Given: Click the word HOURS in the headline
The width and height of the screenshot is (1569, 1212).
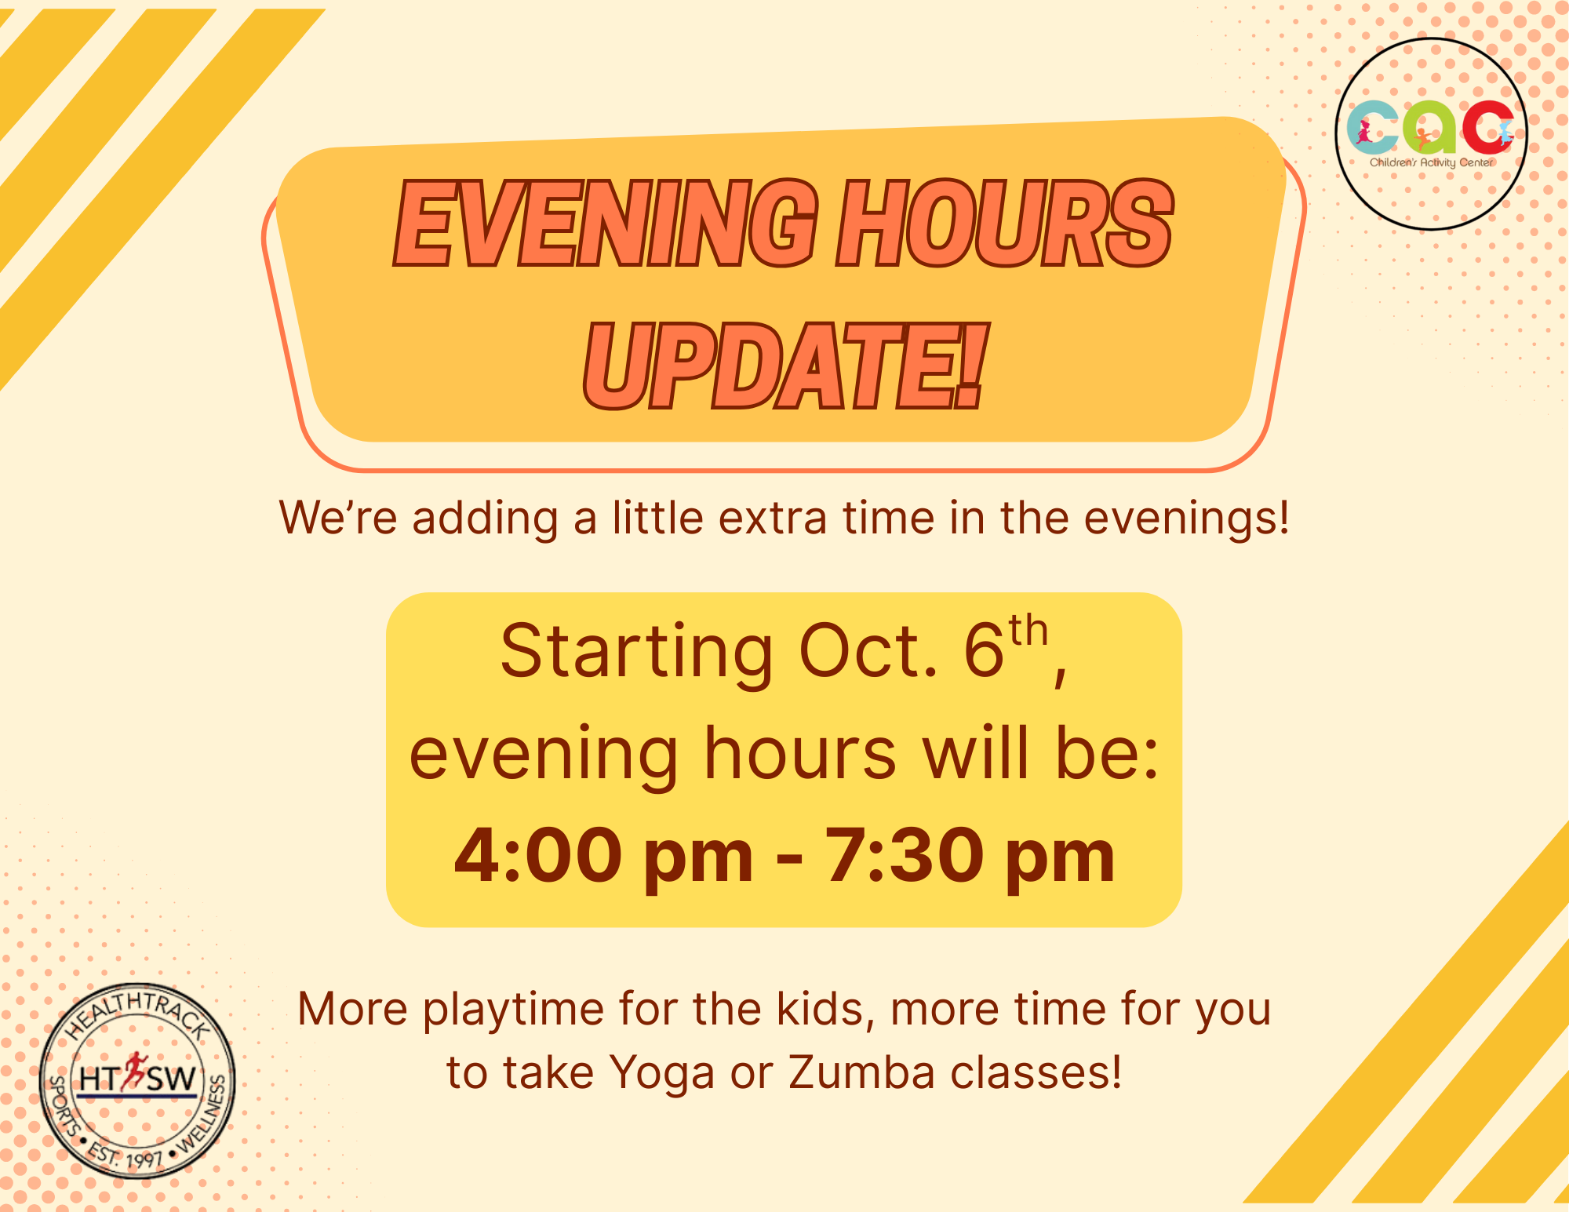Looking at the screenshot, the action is pos(1005,224).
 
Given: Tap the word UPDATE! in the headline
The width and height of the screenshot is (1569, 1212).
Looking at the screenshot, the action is pos(783,367).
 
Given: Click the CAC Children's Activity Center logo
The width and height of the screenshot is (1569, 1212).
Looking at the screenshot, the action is pos(1432,133).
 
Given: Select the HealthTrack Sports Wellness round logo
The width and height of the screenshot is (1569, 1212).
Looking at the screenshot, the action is pos(137,1081).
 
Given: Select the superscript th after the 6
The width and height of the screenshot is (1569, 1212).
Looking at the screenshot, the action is pos(1028,631).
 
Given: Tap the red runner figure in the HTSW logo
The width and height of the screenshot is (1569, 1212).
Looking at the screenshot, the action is pos(134,1072).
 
